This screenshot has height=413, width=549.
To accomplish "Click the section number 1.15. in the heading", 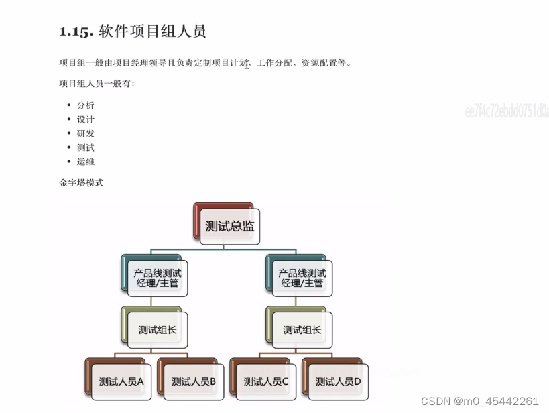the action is [x=76, y=32].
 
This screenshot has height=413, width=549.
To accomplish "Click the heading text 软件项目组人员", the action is [x=152, y=32].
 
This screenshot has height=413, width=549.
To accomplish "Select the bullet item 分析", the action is [x=86, y=105].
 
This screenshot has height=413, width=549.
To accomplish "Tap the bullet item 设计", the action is [x=86, y=119].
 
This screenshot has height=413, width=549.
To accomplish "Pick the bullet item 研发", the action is [x=86, y=133].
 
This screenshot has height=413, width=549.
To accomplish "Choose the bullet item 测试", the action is [x=86, y=147].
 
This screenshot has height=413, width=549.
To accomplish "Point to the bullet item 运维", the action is [x=86, y=162].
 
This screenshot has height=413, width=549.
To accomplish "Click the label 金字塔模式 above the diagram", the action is [x=82, y=182].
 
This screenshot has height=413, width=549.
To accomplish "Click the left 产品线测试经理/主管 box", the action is [x=157, y=278].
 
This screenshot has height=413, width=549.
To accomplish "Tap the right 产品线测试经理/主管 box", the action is [x=302, y=278].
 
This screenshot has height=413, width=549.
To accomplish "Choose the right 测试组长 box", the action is [x=302, y=329].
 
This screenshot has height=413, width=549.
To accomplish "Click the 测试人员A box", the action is [x=121, y=381].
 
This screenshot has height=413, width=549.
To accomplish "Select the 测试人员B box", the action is [x=193, y=381].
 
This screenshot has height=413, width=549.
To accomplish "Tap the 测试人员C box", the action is [x=265, y=381].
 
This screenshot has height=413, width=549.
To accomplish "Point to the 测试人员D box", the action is [x=338, y=381].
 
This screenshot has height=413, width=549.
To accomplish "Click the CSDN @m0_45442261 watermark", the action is [x=479, y=401].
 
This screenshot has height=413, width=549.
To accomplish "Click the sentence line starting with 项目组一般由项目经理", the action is [x=205, y=64].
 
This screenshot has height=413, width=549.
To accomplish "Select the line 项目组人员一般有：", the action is [x=97, y=84].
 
